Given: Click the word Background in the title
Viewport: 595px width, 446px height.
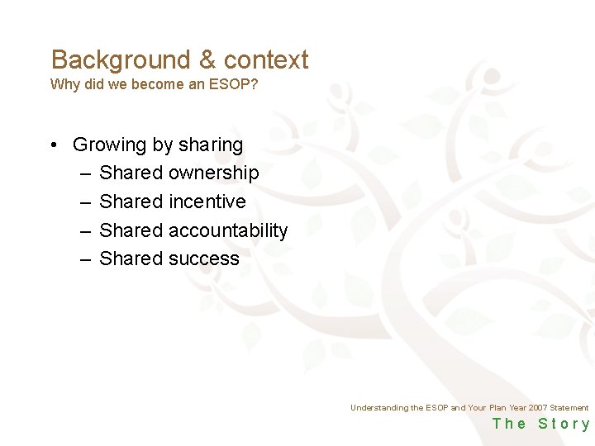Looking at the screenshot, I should pos(121,59).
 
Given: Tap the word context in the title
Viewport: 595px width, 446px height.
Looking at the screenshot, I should pos(266,59).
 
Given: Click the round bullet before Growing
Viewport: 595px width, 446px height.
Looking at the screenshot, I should pos(53,145).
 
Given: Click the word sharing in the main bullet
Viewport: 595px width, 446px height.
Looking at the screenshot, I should pos(210,145).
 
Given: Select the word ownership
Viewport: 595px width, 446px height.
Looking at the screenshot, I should pos(214,173).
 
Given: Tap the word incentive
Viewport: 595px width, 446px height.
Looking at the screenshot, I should pos(207,202).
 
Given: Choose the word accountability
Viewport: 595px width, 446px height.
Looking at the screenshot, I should pos(228,230).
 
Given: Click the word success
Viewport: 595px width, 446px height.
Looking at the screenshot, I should pos(204,259).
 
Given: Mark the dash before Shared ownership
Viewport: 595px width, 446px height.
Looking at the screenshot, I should pos(86,173).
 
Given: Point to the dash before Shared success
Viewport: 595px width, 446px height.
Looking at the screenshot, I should pos(86,259).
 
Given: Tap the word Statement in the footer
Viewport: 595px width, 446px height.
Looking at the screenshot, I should pos(569,408).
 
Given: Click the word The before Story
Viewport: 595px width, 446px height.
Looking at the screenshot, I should pos(509,424).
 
